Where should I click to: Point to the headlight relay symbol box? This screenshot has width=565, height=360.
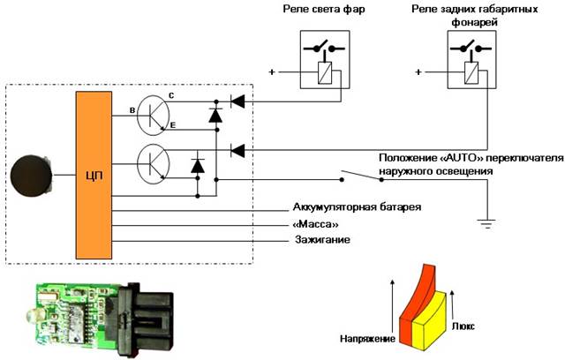[314, 59]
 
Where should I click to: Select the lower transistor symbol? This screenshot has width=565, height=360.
[155, 161]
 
